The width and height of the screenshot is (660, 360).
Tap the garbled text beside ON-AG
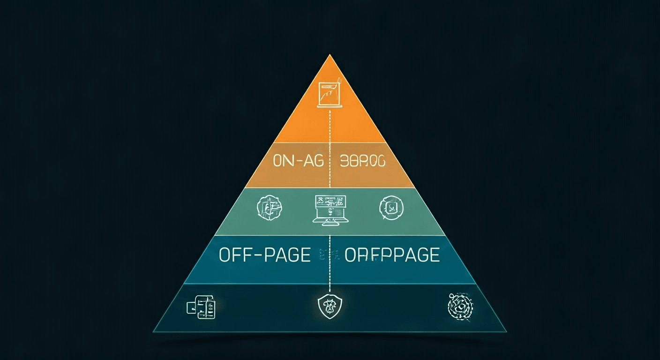tap(361, 161)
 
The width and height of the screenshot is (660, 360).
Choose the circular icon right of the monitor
tap(390, 207)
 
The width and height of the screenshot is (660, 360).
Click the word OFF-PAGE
tap(264, 255)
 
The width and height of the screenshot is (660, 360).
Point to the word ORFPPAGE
tap(392, 255)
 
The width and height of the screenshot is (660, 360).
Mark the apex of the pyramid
tap(330, 55)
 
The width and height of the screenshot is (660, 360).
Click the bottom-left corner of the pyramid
tap(153, 331)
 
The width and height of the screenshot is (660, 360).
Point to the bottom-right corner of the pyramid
tap(507, 331)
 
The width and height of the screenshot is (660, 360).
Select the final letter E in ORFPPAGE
tap(433, 255)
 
